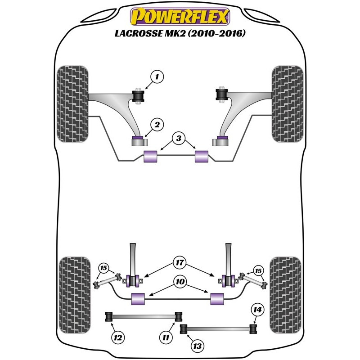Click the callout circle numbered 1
157,77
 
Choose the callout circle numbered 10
180,281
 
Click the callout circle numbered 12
117,337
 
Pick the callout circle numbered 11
166,337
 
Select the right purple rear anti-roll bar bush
217,297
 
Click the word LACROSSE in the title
139,34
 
